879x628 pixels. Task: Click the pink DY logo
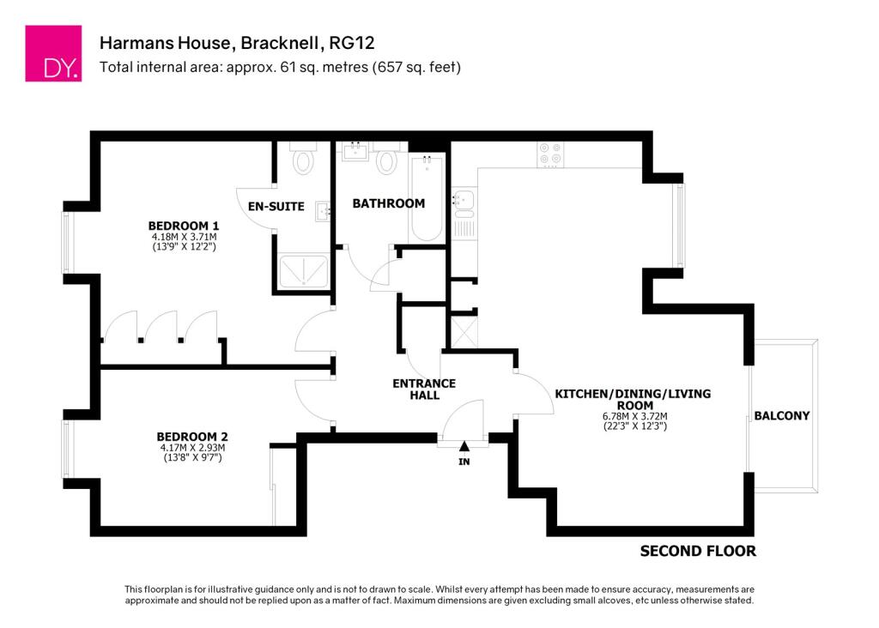pyautogui.click(x=53, y=53)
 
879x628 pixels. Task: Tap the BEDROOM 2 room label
pyautogui.click(x=192, y=435)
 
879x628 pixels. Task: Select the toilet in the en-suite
pyautogui.click(x=303, y=159)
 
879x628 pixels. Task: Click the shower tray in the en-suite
pyautogui.click(x=303, y=272)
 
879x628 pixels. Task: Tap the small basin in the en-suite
pyautogui.click(x=324, y=211)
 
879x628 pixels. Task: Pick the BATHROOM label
pyautogui.click(x=389, y=203)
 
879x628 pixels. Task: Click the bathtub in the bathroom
pyautogui.click(x=427, y=199)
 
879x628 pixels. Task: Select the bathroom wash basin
pyautogui.click(x=354, y=153)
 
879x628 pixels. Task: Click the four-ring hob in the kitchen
pyautogui.click(x=549, y=154)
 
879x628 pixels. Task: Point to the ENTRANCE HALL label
pyautogui.click(x=425, y=389)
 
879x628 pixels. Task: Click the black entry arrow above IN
pyautogui.click(x=464, y=446)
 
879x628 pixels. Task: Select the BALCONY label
pyautogui.click(x=781, y=416)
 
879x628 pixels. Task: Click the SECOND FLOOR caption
pyautogui.click(x=698, y=551)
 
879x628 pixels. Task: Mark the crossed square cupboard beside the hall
pyautogui.click(x=464, y=329)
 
